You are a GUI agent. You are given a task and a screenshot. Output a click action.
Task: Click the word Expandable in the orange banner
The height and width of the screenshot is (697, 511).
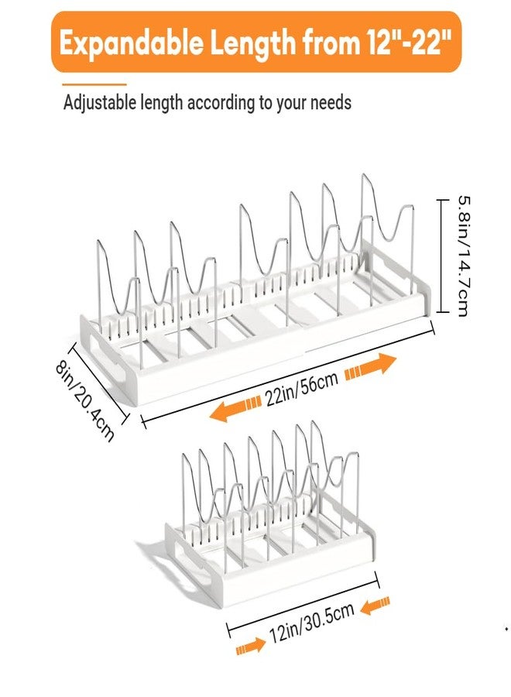pos(132,43)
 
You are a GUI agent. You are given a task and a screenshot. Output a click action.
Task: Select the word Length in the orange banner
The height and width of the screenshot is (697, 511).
pos(252,43)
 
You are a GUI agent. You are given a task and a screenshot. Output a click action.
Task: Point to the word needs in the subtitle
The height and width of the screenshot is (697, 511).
pos(331,104)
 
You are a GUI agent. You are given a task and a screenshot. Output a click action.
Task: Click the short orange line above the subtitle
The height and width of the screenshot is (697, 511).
pos(94,84)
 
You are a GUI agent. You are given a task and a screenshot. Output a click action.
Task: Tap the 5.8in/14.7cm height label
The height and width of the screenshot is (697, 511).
pos(462,256)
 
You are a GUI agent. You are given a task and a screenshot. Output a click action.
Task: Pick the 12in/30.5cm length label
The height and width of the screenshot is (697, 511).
pos(311,622)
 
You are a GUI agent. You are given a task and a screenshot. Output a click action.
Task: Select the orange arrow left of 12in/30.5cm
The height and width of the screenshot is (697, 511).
pos(251,647)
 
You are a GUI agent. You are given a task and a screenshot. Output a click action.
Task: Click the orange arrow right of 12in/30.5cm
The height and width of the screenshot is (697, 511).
pos(375,606)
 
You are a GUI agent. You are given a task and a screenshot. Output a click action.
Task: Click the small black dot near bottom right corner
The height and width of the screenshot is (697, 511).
pos(506,629)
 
